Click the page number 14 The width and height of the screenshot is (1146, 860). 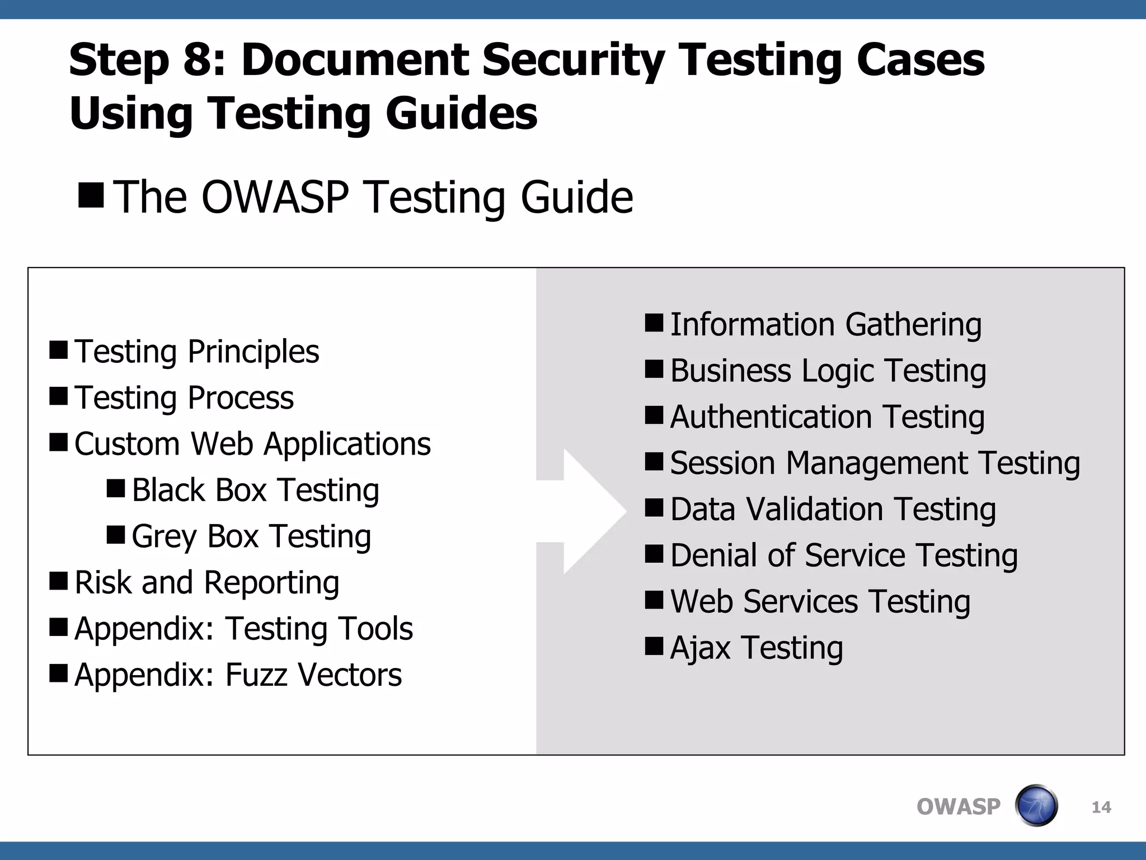pos(1101,807)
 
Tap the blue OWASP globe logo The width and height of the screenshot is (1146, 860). pos(1036,806)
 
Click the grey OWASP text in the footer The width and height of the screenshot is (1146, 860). pos(958,807)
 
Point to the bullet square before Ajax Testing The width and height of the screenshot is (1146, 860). pos(654,646)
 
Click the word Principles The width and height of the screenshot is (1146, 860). pos(253,352)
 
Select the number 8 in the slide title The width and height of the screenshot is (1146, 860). pos(198,60)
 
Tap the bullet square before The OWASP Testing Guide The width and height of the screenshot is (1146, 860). pos(91,195)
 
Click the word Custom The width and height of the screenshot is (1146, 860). pos(128,444)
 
